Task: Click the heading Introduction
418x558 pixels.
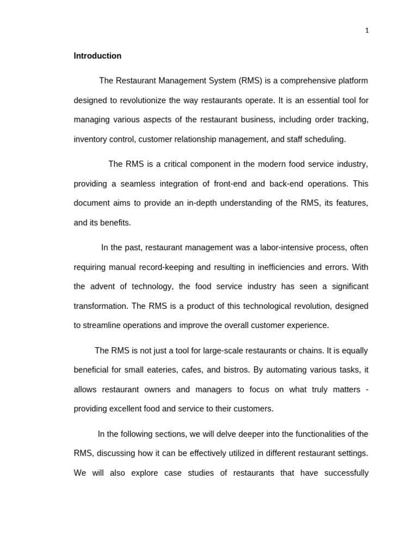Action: (x=97, y=56)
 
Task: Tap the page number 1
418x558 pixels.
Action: (x=367, y=31)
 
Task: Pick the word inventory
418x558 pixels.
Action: (x=90, y=139)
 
